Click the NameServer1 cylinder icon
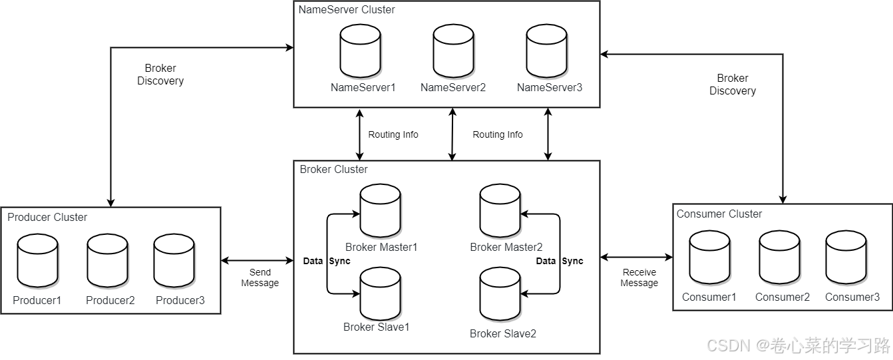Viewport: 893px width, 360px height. [360, 52]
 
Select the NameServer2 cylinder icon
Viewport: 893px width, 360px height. [453, 52]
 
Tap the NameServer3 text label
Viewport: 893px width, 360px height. [549, 87]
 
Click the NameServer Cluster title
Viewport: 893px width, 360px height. [346, 10]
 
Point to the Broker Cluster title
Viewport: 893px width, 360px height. [333, 170]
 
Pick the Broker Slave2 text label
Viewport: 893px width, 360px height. [502, 333]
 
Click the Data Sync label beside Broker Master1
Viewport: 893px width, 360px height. [326, 261]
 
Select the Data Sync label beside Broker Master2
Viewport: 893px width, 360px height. [560, 261]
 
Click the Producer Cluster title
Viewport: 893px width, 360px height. [47, 218]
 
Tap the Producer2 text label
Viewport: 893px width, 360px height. [110, 300]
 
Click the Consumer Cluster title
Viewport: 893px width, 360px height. [719, 214]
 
